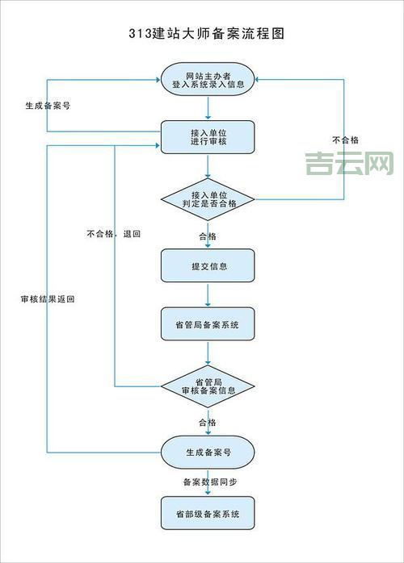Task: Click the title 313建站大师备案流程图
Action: (207, 34)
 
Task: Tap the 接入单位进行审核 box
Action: (208, 137)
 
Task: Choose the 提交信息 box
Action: (208, 265)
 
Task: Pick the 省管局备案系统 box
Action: (208, 324)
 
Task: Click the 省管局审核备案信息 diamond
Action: (208, 386)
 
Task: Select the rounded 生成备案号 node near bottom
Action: (208, 453)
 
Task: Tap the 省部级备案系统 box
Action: (208, 513)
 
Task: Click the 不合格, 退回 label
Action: (114, 234)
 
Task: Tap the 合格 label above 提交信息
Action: (208, 236)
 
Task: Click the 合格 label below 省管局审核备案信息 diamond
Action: (208, 422)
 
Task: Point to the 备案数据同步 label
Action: (209, 482)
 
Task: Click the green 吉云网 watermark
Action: (349, 165)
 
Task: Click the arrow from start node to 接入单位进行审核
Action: (208, 106)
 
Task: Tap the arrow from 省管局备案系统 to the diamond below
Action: (208, 353)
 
